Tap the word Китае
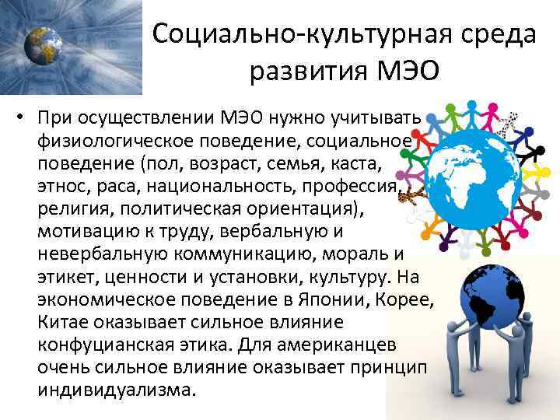tap(61, 322)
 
